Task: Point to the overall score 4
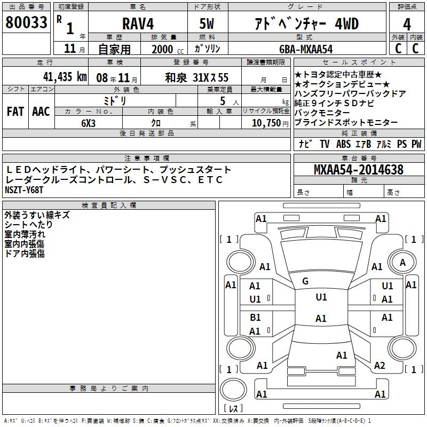coord(407,25)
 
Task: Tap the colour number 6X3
coord(88,122)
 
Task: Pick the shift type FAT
coord(15,111)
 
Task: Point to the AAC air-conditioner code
coord(41,111)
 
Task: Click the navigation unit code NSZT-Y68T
coord(24,190)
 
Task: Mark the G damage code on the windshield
coord(305,281)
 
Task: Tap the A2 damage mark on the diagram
coord(379,365)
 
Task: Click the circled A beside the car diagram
coord(403,262)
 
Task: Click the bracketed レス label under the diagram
coord(233,409)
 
